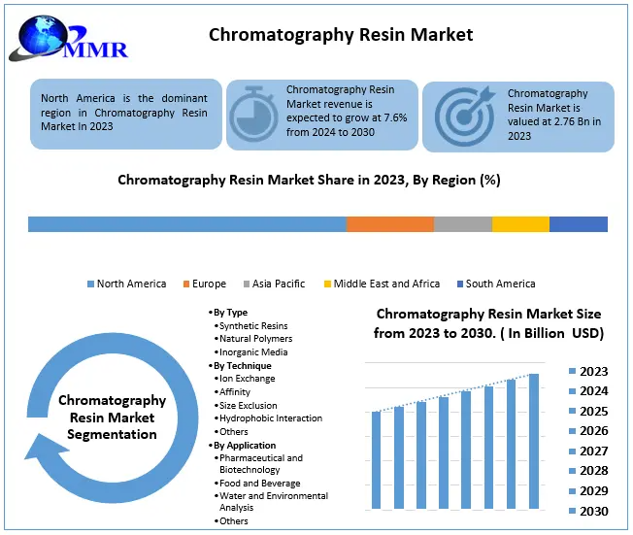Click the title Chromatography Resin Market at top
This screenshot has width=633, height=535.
(341, 35)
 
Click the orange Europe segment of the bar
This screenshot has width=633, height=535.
(389, 224)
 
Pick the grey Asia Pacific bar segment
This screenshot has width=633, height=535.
(462, 224)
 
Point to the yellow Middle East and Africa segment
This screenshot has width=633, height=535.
(520, 224)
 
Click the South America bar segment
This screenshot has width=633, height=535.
(579, 224)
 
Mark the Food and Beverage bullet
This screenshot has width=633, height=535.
(259, 483)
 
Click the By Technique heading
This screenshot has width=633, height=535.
(244, 365)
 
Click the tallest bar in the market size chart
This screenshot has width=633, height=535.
(533, 441)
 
